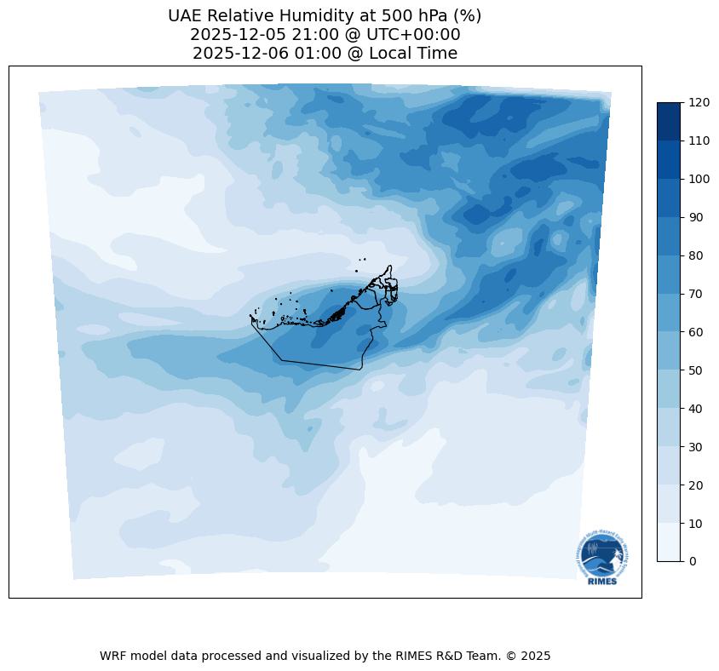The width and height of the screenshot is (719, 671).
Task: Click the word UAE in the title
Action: pyautogui.click(x=185, y=16)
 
